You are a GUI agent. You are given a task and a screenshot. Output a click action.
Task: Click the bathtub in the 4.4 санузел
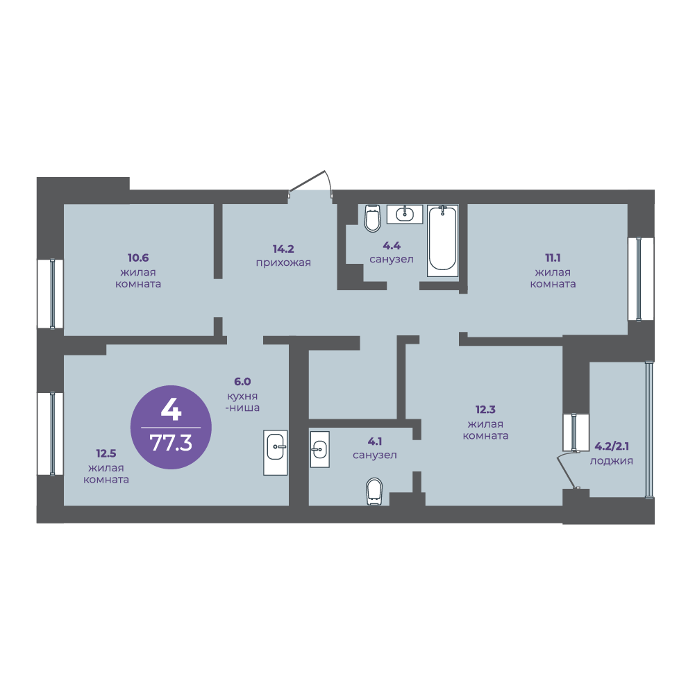442,241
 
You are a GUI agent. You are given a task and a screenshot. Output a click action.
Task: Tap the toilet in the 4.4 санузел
372,218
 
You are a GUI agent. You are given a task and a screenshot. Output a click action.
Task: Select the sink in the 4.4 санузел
405,214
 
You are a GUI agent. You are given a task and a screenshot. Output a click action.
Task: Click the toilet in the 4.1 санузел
374,492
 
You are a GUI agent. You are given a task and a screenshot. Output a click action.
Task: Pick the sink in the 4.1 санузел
319,449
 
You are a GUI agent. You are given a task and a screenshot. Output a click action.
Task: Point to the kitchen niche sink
275,452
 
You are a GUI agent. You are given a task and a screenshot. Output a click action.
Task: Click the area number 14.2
283,249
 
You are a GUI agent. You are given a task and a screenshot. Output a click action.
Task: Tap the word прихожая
283,263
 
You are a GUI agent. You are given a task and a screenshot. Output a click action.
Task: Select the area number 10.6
138,258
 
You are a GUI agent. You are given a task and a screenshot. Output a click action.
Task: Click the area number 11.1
553,258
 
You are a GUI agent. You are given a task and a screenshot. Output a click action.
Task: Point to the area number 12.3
485,409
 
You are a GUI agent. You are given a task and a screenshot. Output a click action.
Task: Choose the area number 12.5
106,453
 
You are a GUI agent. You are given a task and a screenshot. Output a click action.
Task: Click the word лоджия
611,461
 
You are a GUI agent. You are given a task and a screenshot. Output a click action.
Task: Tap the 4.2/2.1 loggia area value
611,446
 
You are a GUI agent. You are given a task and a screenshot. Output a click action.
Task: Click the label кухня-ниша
242,401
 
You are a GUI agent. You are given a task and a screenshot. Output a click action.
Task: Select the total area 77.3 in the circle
171,442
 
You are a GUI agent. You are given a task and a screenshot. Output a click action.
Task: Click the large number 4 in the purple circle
171,410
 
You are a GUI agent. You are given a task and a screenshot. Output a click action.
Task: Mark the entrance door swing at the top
311,183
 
